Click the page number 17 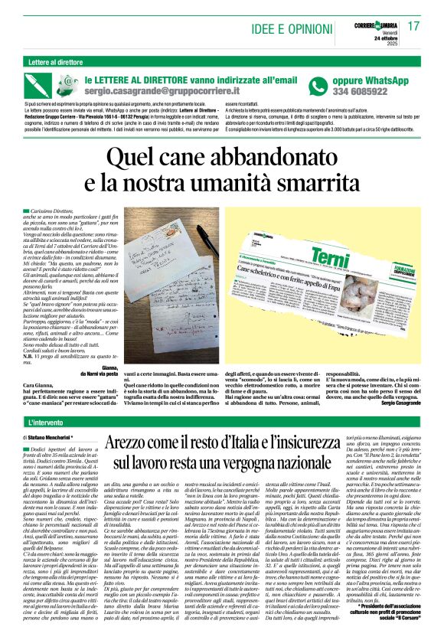pyautogui.click(x=414, y=25)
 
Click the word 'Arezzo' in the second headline pyautogui.click(x=132, y=443)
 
